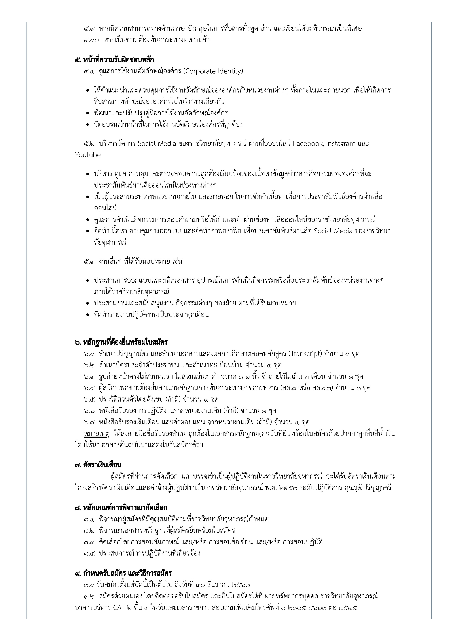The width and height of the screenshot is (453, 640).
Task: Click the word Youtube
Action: click(88, 155)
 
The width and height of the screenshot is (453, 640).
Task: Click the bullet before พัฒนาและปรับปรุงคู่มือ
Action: click(88, 113)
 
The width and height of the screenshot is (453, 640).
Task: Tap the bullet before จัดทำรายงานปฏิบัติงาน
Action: click(88, 315)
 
